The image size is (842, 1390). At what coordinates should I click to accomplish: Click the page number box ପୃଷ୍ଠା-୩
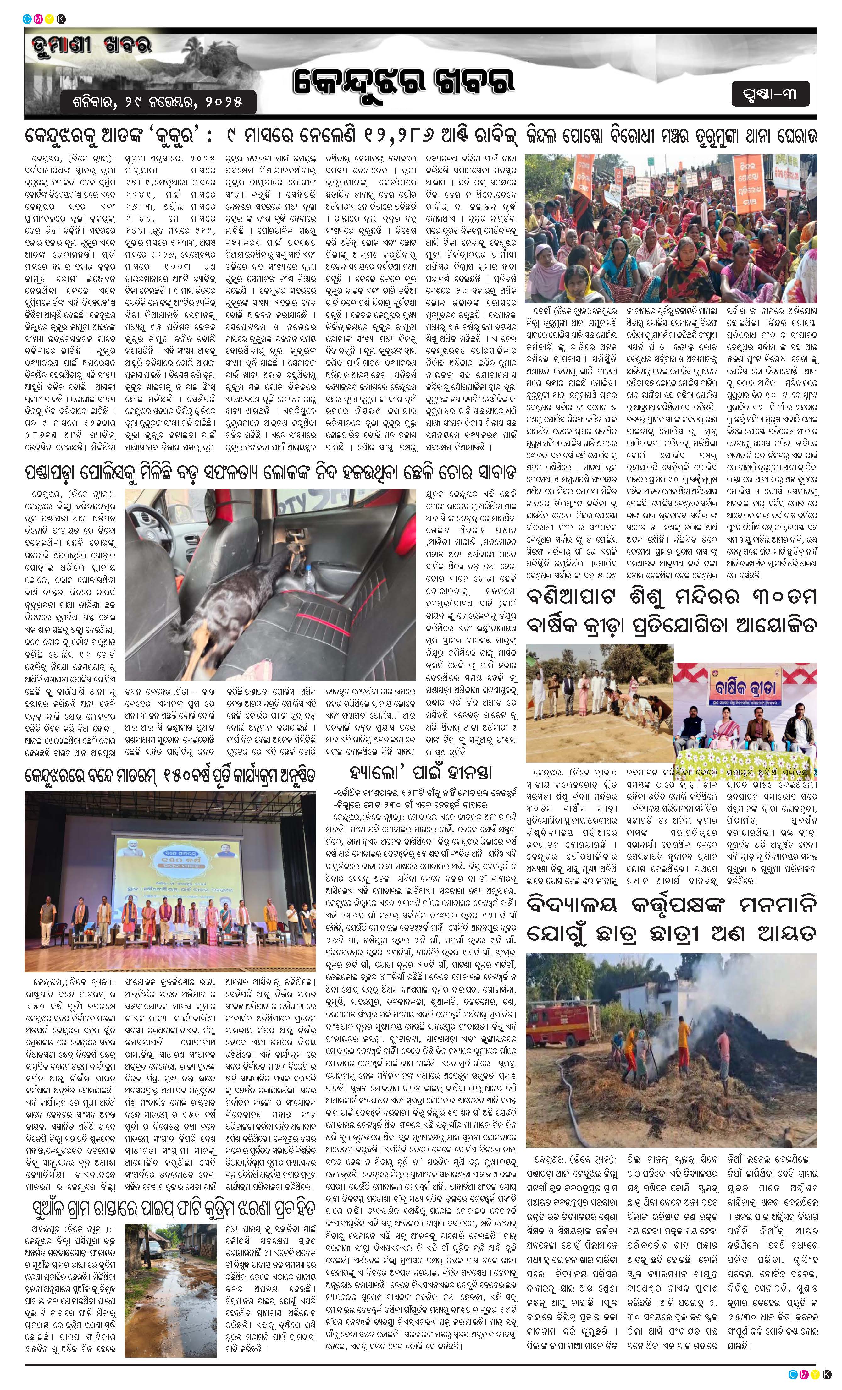772,94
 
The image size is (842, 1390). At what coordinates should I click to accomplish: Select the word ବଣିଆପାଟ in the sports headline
574,597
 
